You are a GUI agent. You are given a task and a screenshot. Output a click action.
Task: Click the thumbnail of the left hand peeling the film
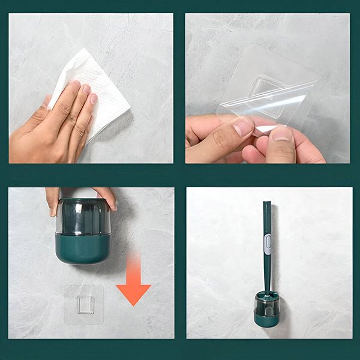point(243,126)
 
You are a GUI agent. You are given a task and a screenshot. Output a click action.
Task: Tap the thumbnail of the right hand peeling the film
point(281,133)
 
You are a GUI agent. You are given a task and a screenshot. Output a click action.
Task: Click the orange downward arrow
point(133,279)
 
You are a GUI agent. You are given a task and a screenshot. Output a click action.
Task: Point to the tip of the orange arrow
point(133,304)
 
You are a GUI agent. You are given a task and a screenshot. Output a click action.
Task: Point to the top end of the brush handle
point(266,204)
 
